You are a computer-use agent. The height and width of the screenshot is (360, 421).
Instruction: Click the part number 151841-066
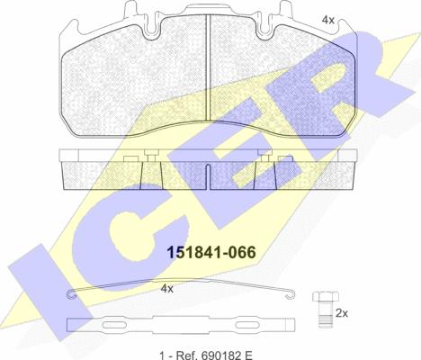211,252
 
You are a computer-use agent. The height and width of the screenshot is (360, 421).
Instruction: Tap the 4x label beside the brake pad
327,20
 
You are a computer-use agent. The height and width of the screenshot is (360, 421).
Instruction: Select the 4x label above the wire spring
167,289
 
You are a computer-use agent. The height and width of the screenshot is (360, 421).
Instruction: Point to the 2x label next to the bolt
342,313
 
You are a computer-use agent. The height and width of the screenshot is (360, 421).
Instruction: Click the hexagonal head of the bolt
326,296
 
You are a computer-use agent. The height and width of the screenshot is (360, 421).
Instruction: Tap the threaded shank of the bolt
326,315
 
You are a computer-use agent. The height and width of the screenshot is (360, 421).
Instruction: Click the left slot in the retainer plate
113,325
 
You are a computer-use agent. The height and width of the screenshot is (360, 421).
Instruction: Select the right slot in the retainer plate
247,325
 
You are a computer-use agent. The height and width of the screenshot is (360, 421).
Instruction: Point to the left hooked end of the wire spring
72,295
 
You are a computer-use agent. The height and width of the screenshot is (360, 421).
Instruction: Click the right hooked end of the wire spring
291,295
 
